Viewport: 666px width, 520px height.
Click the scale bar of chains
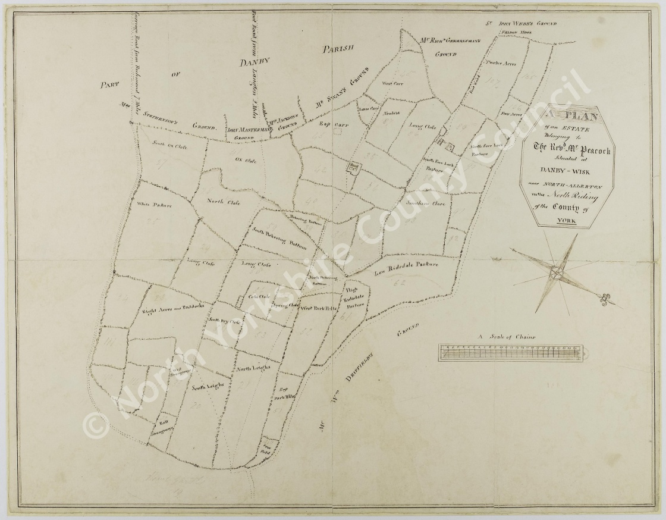pos(511,353)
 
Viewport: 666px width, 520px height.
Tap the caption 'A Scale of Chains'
pos(505,337)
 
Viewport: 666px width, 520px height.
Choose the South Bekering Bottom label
pos(278,238)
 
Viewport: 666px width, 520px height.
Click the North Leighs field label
pos(254,368)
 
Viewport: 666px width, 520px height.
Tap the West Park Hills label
pos(319,308)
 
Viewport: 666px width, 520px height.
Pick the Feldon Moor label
pos(514,33)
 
